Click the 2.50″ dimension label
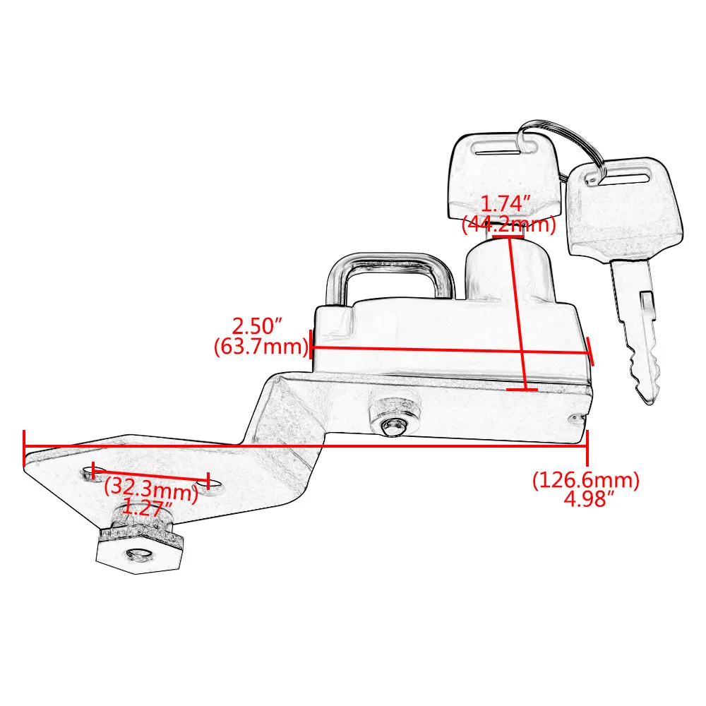(x=258, y=327)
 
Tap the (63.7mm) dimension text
(x=261, y=347)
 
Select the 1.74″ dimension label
(x=505, y=204)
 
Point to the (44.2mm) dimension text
(x=508, y=225)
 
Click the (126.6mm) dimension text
(x=585, y=480)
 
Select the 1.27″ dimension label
(x=148, y=505)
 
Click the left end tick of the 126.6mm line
(x=25, y=447)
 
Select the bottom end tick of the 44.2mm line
(x=522, y=389)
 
